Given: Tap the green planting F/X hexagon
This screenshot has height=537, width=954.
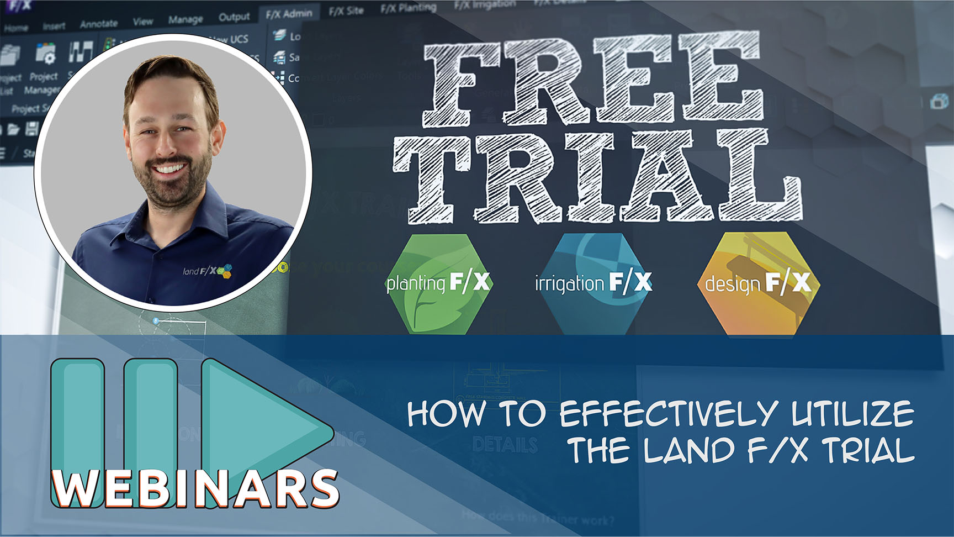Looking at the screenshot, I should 438,283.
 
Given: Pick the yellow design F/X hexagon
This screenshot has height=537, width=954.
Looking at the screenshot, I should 757,283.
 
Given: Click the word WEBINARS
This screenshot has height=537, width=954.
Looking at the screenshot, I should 196,488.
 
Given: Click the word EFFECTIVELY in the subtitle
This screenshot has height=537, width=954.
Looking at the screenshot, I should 669,414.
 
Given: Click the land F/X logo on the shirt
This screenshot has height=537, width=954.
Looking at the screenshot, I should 207,271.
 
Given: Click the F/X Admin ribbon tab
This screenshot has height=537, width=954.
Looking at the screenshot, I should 289,14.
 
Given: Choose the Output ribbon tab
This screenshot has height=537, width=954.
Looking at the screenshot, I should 234,17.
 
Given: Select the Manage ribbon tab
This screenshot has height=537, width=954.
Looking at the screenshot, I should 185,19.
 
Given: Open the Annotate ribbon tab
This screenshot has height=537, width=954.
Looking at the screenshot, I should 98,23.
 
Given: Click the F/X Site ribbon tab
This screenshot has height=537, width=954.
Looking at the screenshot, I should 346,10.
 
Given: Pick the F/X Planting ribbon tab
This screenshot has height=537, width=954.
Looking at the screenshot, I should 409,7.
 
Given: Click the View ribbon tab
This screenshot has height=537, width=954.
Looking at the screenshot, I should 142,22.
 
